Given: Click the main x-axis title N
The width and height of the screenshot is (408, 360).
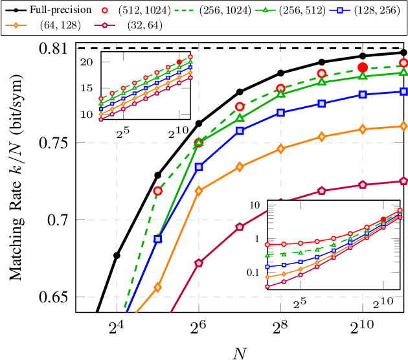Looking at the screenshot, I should click(x=240, y=352).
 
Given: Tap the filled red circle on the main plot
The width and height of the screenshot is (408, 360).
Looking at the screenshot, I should click(x=363, y=67).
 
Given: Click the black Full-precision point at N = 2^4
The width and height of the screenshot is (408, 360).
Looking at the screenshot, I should click(x=117, y=255).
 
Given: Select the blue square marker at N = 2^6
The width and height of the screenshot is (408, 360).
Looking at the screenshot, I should click(x=199, y=166).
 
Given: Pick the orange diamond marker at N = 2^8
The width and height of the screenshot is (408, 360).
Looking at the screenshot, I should click(x=280, y=149).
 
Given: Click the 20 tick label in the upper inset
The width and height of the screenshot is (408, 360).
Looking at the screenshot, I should click(x=87, y=61).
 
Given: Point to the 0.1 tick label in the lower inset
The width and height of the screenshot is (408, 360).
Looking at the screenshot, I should click(x=256, y=273).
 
